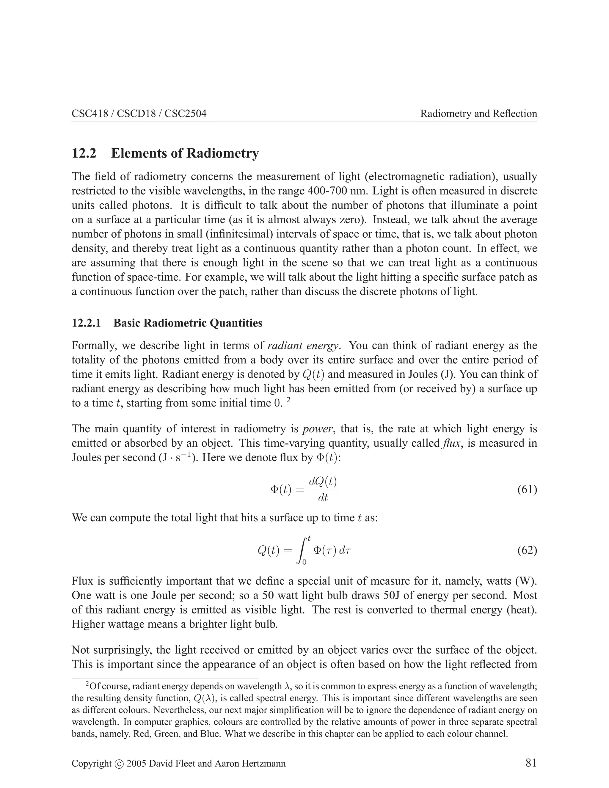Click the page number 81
point(531,763)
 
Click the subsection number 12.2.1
point(86,323)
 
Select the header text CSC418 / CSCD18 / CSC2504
point(139,114)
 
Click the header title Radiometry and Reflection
point(478,114)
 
